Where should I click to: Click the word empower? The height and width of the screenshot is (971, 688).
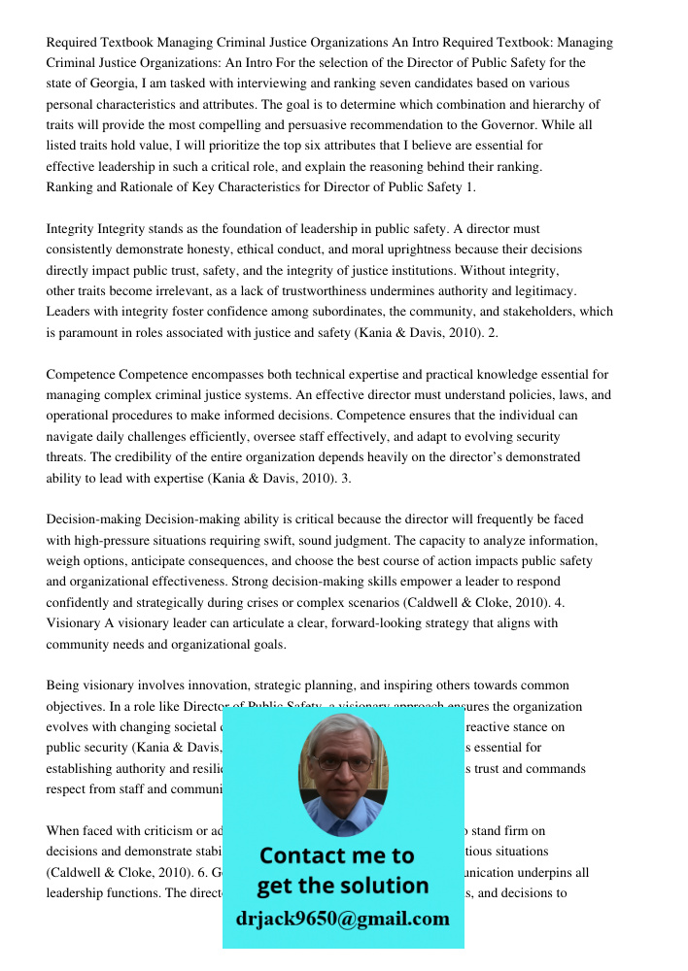(x=438, y=582)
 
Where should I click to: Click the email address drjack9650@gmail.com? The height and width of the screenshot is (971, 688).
(x=343, y=919)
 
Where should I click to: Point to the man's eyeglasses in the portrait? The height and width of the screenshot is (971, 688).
(x=342, y=763)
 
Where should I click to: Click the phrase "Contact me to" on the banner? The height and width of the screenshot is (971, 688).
(x=336, y=855)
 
